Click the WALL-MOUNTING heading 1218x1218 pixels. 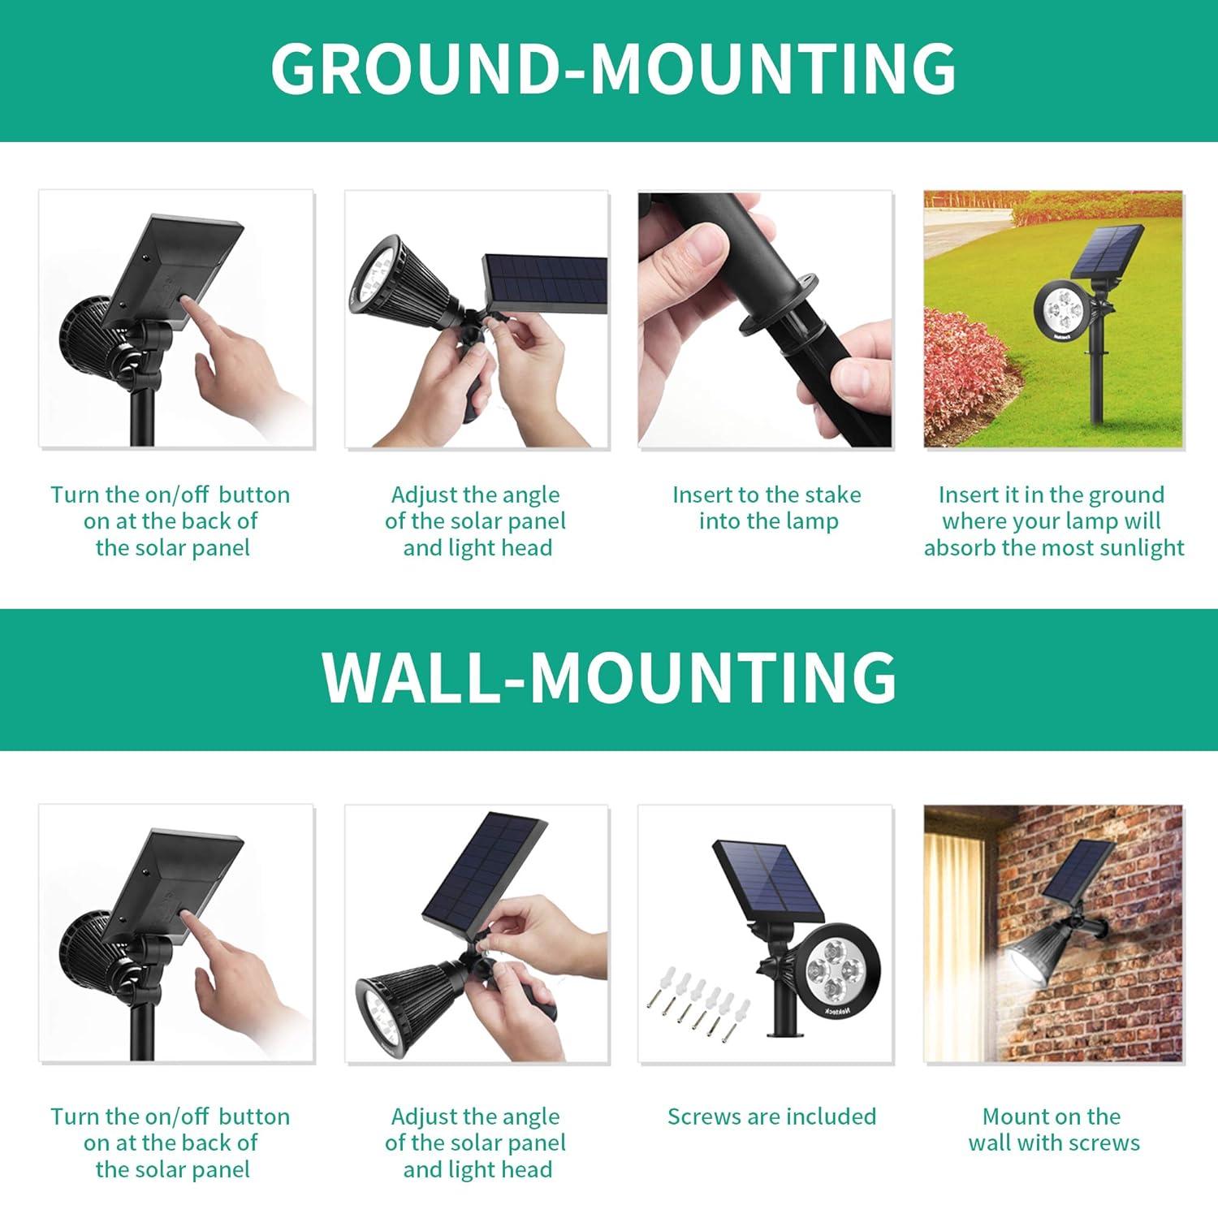click(609, 677)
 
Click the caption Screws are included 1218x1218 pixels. click(771, 1116)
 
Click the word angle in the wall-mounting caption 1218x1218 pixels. click(531, 1116)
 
